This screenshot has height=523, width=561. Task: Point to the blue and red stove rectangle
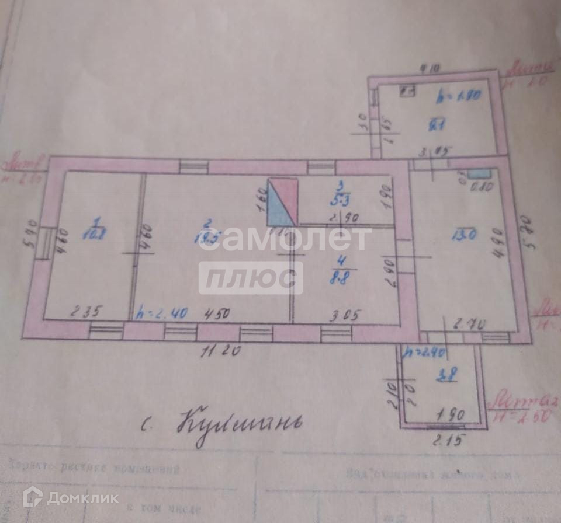click(282, 203)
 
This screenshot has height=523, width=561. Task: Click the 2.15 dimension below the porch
click(444, 442)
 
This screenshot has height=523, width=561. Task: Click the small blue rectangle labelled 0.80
click(480, 173)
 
